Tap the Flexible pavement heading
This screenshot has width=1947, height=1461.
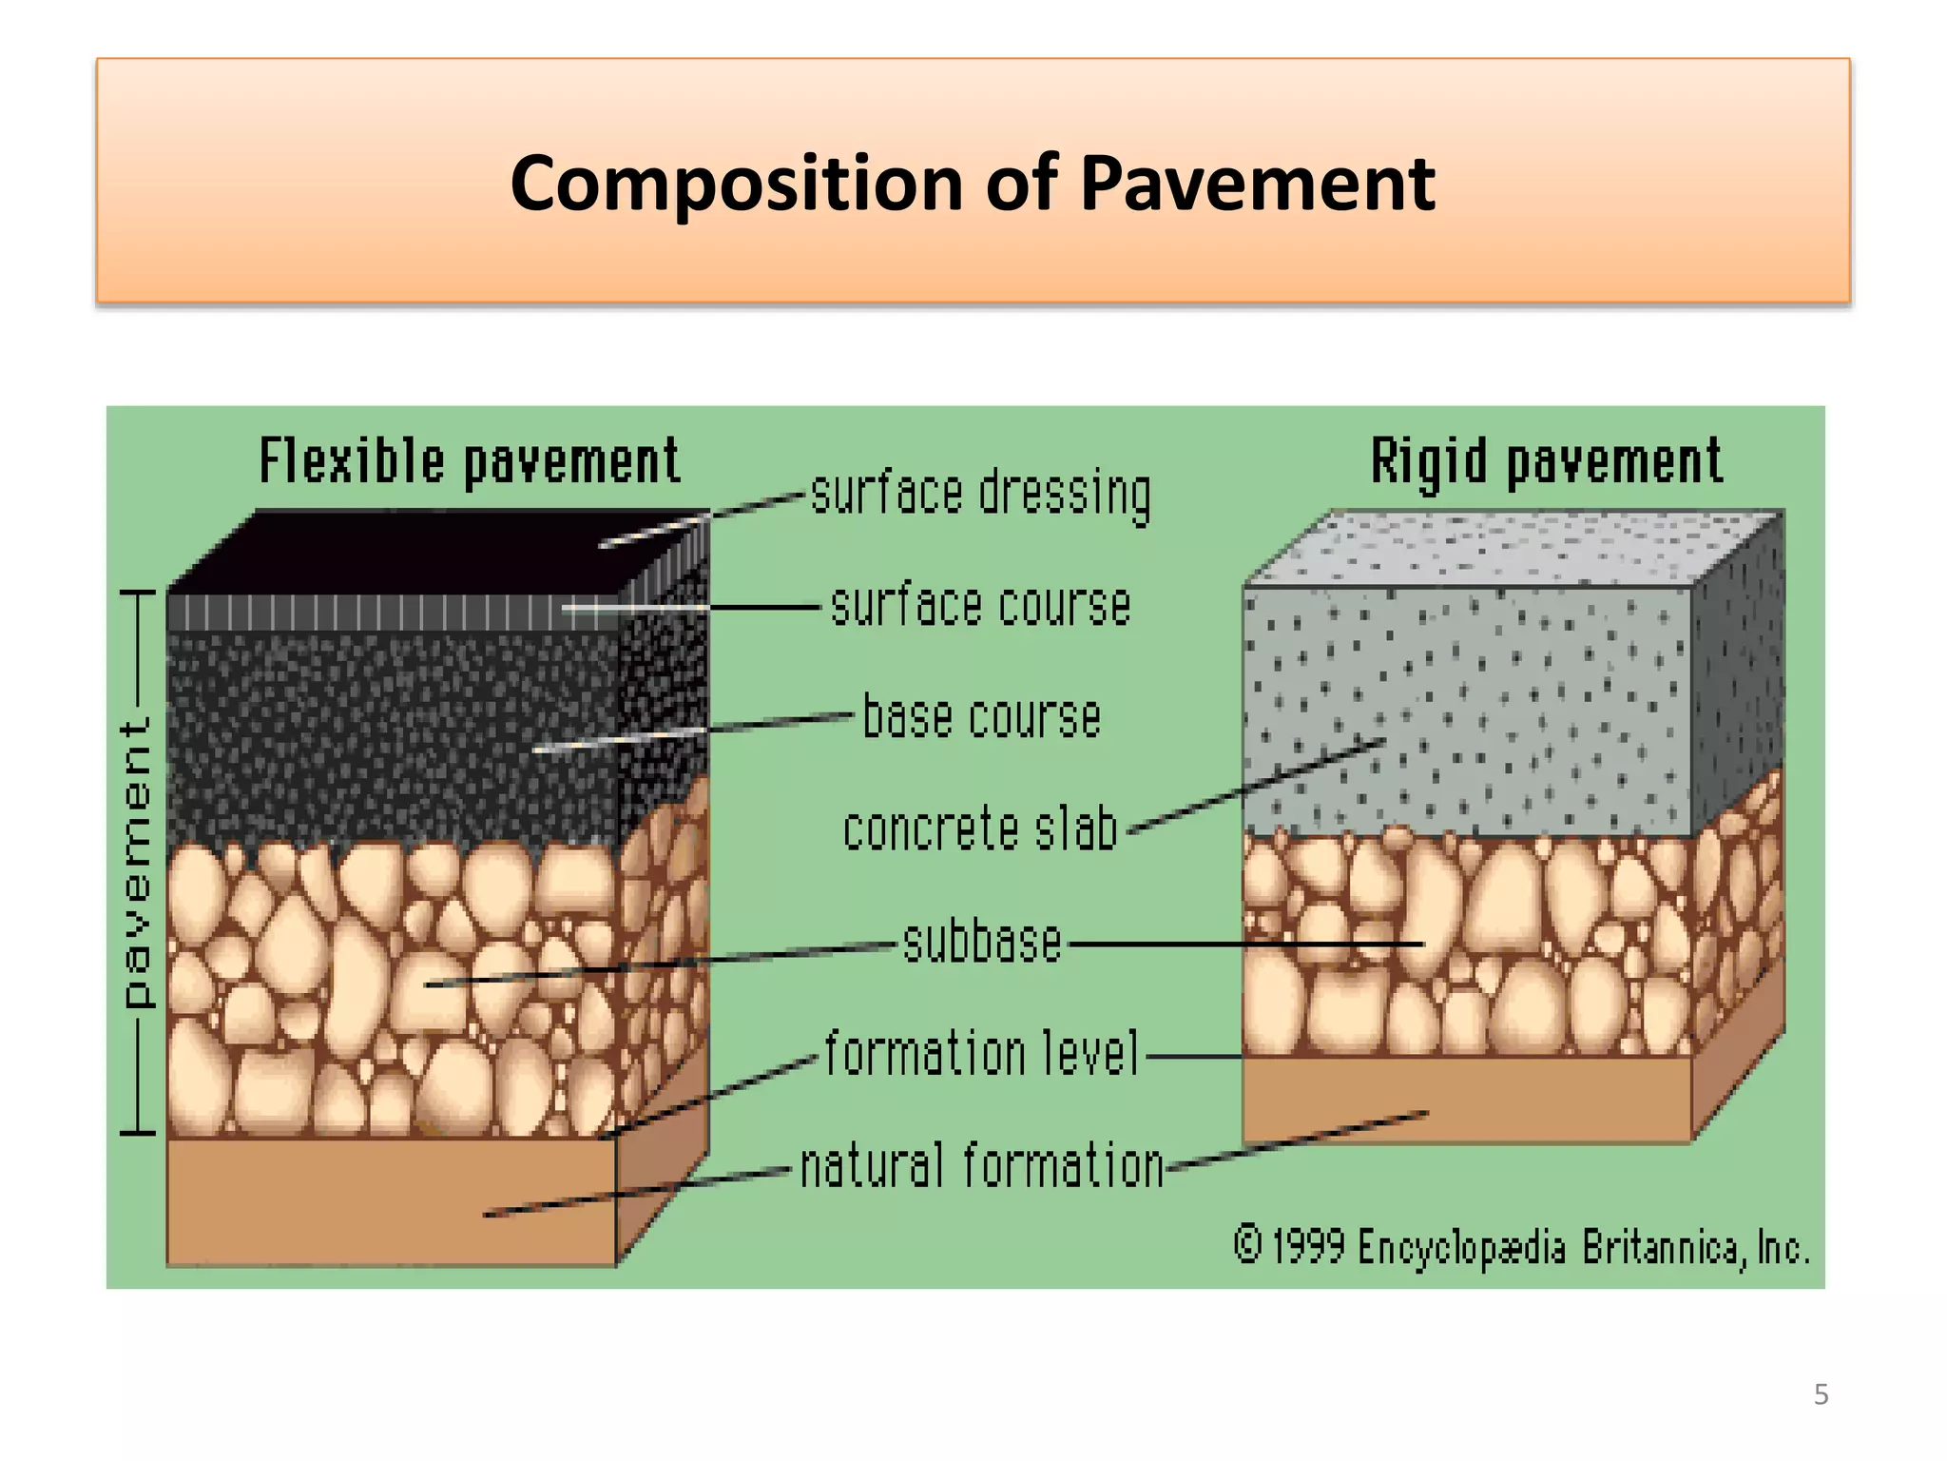click(x=470, y=461)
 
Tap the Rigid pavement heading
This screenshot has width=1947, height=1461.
click(x=1546, y=461)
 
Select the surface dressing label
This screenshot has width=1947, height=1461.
click(x=980, y=494)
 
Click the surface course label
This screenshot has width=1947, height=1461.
click(x=980, y=606)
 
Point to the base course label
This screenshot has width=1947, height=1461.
click(x=981, y=717)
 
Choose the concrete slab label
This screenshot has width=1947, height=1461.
click(x=980, y=829)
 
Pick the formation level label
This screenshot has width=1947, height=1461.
click(x=981, y=1054)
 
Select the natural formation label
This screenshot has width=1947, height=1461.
click(x=981, y=1166)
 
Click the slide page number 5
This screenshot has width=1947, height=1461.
click(x=1821, y=1394)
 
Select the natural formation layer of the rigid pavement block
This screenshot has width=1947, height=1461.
click(x=1464, y=1099)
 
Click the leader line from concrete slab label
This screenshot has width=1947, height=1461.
click(x=1255, y=786)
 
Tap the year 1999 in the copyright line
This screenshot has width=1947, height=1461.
click(x=1308, y=1246)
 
